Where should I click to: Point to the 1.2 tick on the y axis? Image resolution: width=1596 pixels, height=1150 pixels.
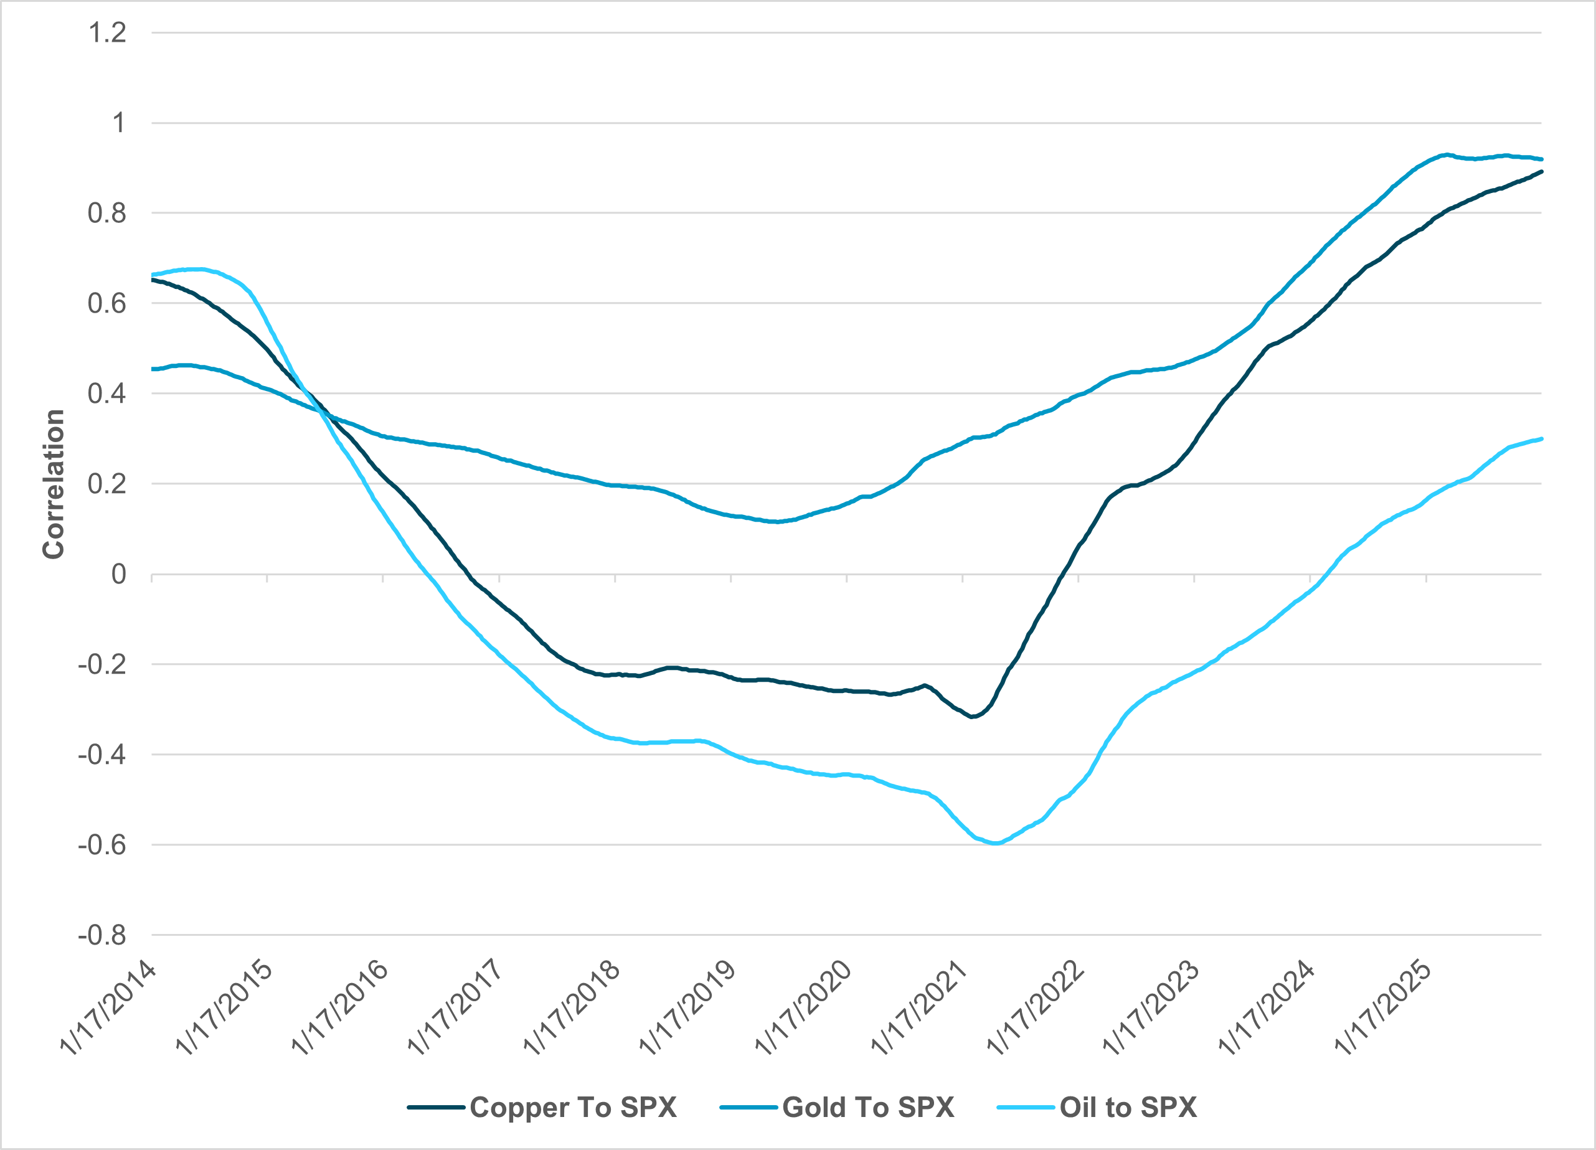107,32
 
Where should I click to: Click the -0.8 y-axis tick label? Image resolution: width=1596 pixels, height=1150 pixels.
102,935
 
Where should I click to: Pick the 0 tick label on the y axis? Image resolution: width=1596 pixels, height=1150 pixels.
118,574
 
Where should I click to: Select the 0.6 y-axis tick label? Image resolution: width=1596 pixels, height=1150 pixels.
107,303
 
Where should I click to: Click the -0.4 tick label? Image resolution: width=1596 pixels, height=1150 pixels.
102,755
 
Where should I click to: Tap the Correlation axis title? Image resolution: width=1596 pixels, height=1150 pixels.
54,484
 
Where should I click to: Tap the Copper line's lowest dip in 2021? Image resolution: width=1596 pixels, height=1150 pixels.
973,717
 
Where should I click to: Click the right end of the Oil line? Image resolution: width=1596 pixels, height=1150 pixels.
1541,439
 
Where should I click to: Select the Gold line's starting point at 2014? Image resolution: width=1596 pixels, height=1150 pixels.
153,369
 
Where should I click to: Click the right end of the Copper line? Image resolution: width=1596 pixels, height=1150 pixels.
1541,172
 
